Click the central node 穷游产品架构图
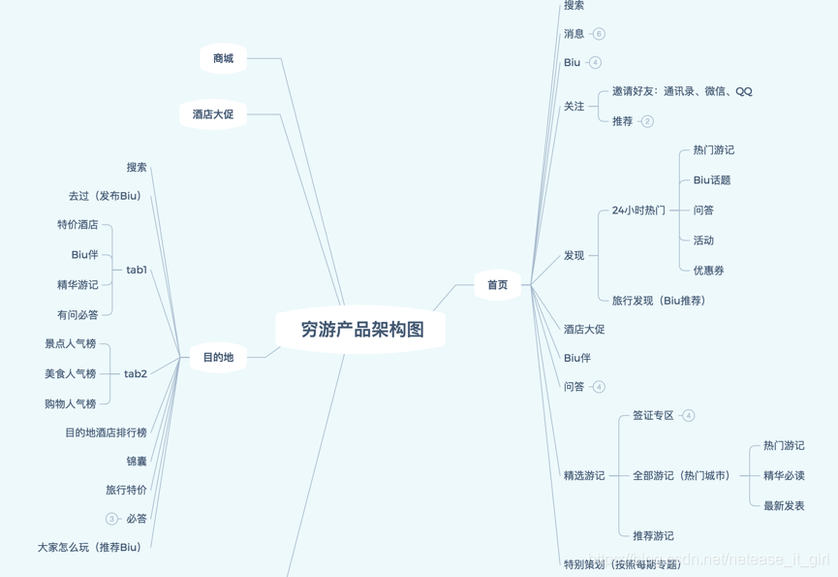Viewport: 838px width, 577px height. coord(361,330)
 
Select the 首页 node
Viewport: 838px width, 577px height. coord(497,285)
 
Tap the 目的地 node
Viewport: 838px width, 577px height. coord(218,358)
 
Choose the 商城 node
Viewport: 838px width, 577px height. coord(223,59)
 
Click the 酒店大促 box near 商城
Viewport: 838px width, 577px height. coord(213,114)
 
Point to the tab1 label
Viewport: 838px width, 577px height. coord(137,270)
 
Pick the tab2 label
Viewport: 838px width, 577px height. coord(136,373)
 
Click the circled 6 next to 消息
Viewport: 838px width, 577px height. coord(599,34)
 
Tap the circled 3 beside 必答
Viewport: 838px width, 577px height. coord(111,519)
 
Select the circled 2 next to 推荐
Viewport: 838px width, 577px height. coord(647,121)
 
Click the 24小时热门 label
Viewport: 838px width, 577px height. coord(638,210)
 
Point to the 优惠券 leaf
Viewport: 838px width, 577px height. coord(708,271)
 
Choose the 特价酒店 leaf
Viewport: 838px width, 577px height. coord(78,225)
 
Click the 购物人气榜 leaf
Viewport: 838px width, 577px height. coord(70,403)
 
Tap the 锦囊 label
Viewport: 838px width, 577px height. coord(137,462)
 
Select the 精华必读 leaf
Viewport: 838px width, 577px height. coord(784,475)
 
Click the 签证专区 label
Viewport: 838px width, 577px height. coord(653,415)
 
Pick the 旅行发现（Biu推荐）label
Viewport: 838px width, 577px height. coord(659,301)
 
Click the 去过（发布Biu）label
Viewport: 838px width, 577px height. coord(105,196)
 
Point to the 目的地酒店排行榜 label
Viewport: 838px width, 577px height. coord(106,433)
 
